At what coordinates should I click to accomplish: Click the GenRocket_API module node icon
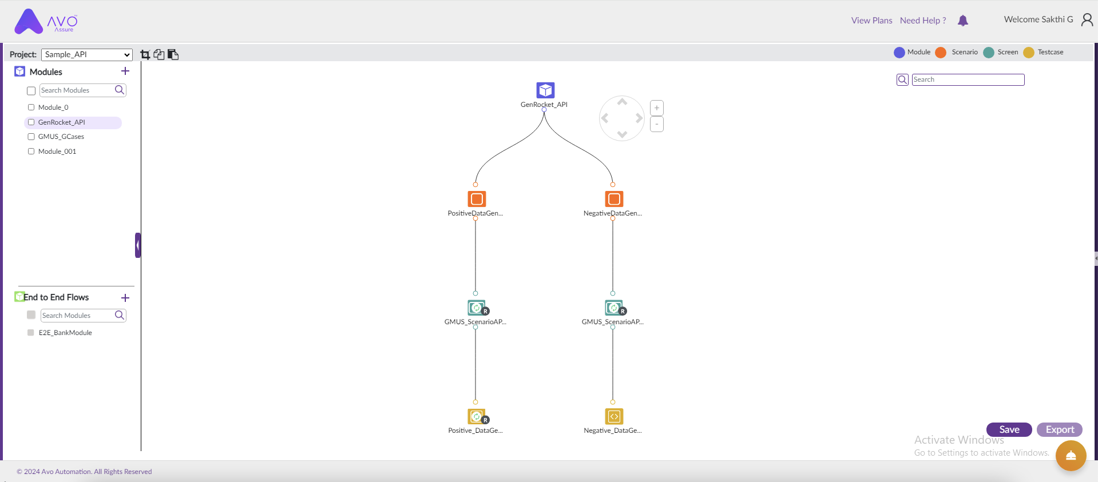point(545,90)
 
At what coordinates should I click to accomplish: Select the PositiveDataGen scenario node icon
point(477,199)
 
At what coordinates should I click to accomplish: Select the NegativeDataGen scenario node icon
point(614,199)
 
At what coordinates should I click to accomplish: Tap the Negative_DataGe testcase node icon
point(614,416)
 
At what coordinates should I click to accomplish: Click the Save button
point(1009,429)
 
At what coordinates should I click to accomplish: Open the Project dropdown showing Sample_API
point(87,54)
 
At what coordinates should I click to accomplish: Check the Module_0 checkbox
point(31,107)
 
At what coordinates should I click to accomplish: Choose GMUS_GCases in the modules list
point(61,137)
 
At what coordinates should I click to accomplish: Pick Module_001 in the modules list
point(57,152)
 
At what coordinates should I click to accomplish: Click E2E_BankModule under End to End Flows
point(65,333)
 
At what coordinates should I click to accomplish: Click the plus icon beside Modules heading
point(125,71)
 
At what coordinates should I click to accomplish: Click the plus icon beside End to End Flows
point(125,298)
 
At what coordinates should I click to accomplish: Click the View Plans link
point(871,21)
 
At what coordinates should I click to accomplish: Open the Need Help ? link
point(923,21)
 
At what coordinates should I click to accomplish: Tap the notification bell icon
point(963,21)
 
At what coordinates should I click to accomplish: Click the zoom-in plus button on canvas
point(657,108)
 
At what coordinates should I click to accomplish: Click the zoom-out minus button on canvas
point(657,124)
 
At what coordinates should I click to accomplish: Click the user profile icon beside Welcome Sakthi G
point(1087,20)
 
